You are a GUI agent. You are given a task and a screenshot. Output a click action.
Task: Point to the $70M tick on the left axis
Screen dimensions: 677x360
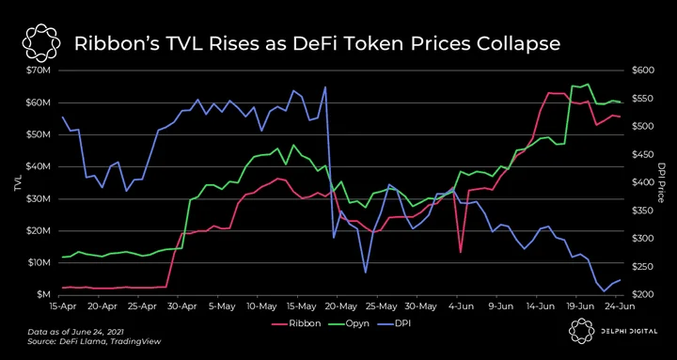pos(42,70)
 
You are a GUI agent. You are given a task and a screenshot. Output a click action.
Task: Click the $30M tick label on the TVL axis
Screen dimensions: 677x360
pos(42,198)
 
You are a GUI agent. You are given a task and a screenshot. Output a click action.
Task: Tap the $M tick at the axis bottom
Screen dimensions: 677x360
pos(45,294)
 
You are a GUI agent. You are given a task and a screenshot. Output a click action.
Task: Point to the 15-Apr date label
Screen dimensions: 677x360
pos(58,306)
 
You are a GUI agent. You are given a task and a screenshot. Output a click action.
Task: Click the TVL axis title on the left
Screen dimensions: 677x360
pos(18,183)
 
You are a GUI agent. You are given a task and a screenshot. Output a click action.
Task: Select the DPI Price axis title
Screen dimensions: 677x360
pos(660,182)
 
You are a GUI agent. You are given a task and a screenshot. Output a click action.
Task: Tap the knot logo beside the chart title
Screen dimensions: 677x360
pos(40,43)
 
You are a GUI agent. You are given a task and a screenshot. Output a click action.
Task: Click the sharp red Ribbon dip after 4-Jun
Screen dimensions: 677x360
pos(461,252)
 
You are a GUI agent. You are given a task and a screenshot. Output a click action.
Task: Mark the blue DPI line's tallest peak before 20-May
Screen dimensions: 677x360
pos(325,87)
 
